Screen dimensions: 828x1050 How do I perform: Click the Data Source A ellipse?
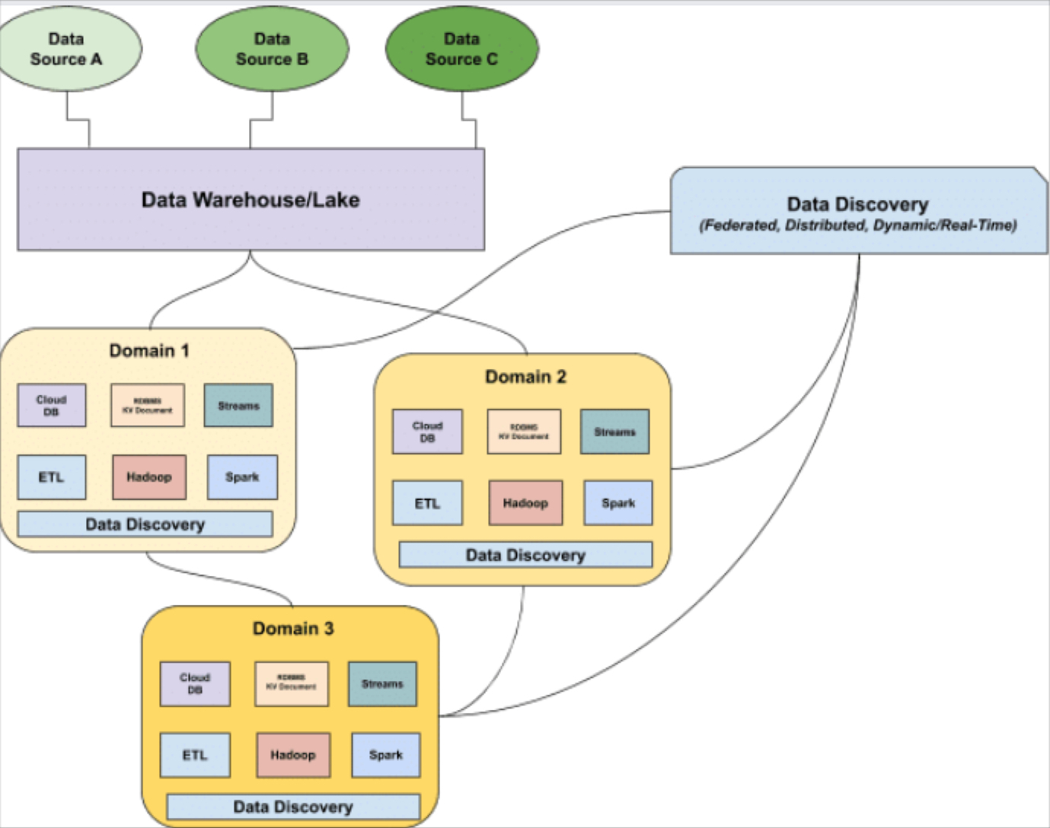[x=66, y=49]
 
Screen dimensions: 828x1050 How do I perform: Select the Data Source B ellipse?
[x=272, y=49]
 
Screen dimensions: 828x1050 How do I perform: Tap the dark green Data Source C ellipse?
[x=461, y=49]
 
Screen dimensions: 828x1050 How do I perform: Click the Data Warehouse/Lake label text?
[x=251, y=199]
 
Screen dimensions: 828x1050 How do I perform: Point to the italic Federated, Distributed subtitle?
[x=857, y=225]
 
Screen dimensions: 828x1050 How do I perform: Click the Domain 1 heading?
[x=149, y=351]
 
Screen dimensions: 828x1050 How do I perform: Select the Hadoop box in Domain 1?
[x=149, y=477]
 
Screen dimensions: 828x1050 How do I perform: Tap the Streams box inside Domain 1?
[x=238, y=406]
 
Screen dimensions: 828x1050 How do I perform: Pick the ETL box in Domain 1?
[x=52, y=477]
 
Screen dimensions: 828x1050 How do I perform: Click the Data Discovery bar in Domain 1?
[x=145, y=524]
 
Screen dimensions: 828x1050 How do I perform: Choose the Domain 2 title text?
[x=525, y=377]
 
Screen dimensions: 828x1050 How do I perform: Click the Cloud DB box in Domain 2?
[x=427, y=432]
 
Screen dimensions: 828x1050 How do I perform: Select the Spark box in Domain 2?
[x=618, y=503]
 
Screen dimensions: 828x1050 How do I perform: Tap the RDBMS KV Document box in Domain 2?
[x=524, y=432]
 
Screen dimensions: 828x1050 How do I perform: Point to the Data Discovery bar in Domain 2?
[x=525, y=555]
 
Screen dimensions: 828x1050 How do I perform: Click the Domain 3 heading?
[x=293, y=629]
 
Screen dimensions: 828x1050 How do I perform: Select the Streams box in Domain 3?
[x=382, y=684]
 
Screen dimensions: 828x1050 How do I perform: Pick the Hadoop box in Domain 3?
[x=293, y=755]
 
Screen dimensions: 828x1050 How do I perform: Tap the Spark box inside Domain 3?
[x=385, y=755]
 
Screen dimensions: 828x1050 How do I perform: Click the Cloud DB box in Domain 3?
[x=195, y=683]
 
